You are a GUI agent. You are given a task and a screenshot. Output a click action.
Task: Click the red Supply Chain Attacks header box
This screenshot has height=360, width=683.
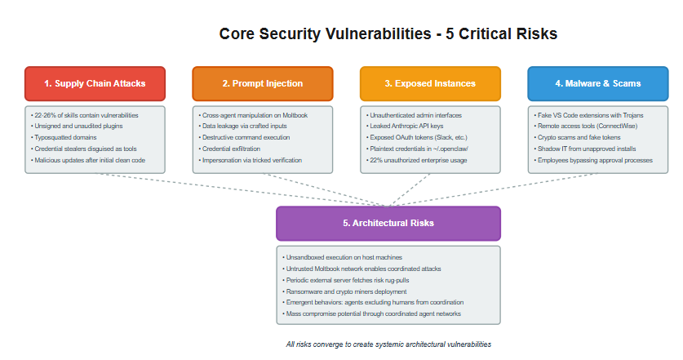[x=95, y=83]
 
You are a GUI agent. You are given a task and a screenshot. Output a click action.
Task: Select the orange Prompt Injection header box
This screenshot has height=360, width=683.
[x=262, y=83]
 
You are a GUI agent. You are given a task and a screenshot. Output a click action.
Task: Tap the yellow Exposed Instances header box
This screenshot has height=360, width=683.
[x=429, y=83]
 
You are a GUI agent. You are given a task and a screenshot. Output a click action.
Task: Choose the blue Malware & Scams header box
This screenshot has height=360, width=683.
[x=597, y=83]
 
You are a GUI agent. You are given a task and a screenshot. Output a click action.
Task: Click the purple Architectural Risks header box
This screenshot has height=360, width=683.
[x=388, y=223]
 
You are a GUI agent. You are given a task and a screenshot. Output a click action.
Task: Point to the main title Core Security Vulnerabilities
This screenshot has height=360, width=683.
[x=388, y=34]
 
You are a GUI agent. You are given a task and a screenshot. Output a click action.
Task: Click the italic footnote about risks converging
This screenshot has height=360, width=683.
[x=388, y=344]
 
